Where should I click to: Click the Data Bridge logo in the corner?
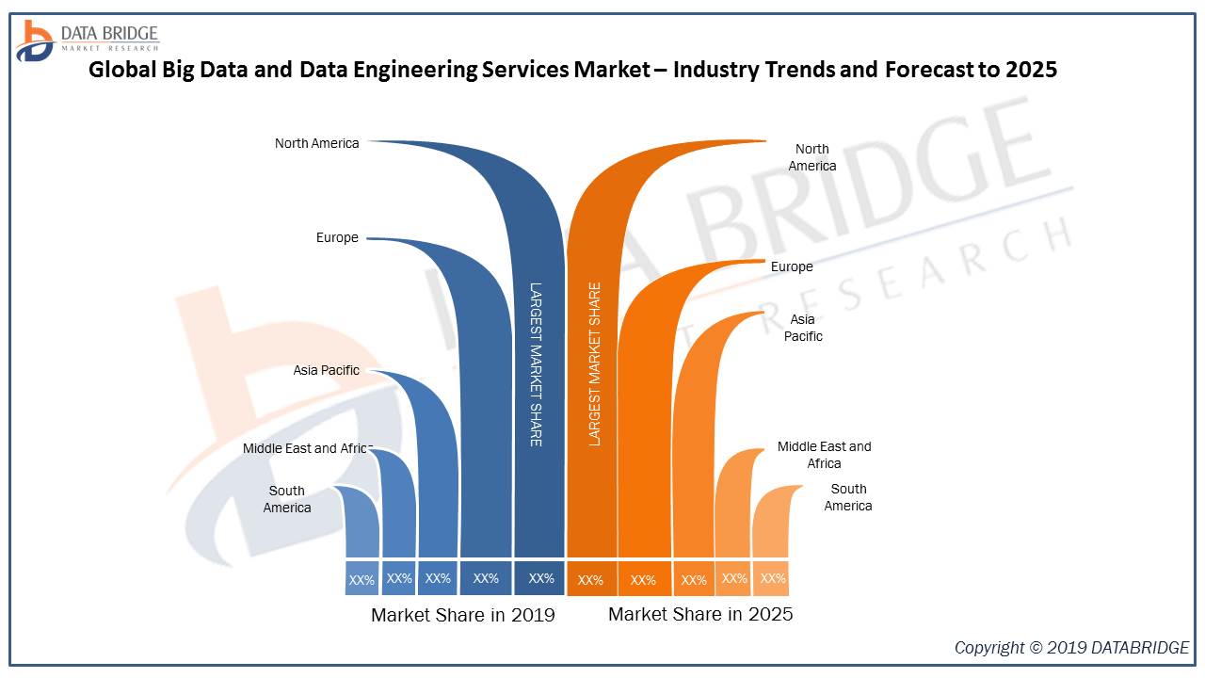(x=87, y=40)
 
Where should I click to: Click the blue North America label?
(x=316, y=143)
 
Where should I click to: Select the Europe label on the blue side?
(x=337, y=238)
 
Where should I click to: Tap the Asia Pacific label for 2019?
(x=326, y=370)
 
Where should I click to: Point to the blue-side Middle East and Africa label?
(x=308, y=448)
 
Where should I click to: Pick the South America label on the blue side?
(x=287, y=499)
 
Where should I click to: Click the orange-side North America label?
(x=811, y=157)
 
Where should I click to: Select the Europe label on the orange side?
(x=792, y=266)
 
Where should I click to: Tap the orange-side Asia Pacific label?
(x=803, y=328)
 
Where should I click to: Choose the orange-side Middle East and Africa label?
(x=824, y=455)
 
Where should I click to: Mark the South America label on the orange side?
(x=848, y=497)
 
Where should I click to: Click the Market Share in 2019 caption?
(x=463, y=616)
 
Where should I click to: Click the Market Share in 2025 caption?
(x=700, y=615)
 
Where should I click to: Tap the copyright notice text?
(x=1071, y=648)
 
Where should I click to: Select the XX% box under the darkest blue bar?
(x=540, y=578)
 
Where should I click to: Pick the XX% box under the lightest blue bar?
(x=361, y=580)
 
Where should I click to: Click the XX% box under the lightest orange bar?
(x=773, y=578)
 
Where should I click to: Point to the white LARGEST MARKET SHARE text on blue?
(x=535, y=363)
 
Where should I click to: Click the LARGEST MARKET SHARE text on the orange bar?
(x=594, y=363)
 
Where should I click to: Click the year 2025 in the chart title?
(x=1032, y=70)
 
